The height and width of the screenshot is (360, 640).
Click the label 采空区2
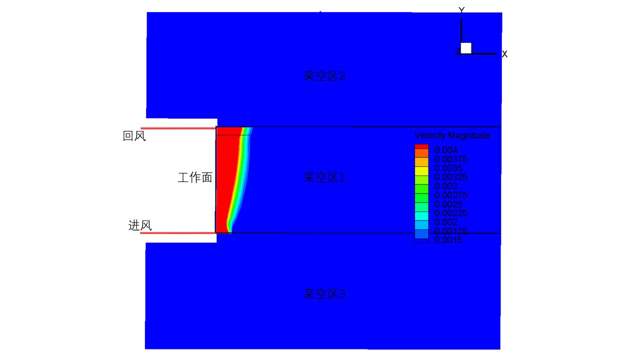point(324,76)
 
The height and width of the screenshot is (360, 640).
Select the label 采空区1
point(324,177)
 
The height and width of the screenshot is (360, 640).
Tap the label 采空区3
point(324,294)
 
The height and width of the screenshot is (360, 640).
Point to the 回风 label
point(134,136)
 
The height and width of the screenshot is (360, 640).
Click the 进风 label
point(140,225)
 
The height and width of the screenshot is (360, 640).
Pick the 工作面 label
point(195,177)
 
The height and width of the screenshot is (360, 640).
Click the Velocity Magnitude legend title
point(452,135)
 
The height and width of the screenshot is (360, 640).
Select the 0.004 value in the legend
point(445,150)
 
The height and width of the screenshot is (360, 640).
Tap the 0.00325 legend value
point(451,177)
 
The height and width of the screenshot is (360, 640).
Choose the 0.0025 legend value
point(448,204)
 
